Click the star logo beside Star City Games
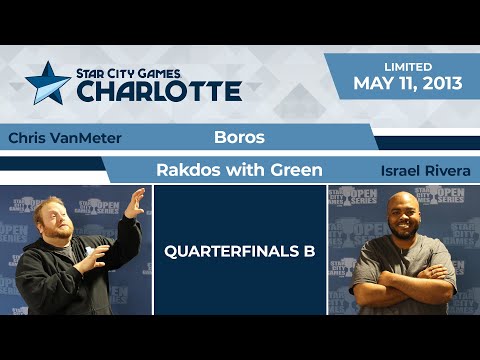click(x=48, y=83)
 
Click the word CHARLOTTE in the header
click(x=159, y=91)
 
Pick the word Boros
click(x=239, y=137)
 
